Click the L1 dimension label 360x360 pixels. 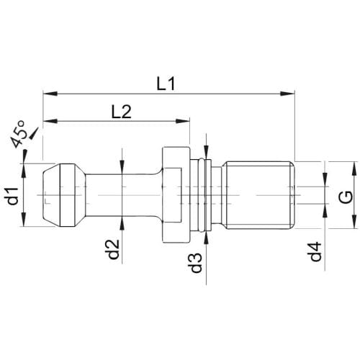point(166,84)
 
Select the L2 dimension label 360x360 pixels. point(122,112)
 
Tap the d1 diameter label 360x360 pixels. point(13,197)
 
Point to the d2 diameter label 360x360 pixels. point(113,249)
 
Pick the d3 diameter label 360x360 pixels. point(197,263)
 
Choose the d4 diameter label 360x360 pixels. point(315,251)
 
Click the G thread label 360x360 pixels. point(347,197)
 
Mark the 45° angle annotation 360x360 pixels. point(19,134)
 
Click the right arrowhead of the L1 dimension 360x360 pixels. point(287,94)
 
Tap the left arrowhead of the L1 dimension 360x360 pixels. point(50,94)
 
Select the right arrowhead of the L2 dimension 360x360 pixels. point(183,121)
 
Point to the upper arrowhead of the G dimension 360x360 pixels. point(354,168)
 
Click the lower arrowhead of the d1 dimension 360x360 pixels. point(24,219)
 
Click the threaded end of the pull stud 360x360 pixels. point(258,195)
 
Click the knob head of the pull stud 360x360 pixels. point(64,195)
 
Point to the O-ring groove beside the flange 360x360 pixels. point(201,195)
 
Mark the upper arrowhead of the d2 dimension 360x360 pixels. point(122,166)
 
